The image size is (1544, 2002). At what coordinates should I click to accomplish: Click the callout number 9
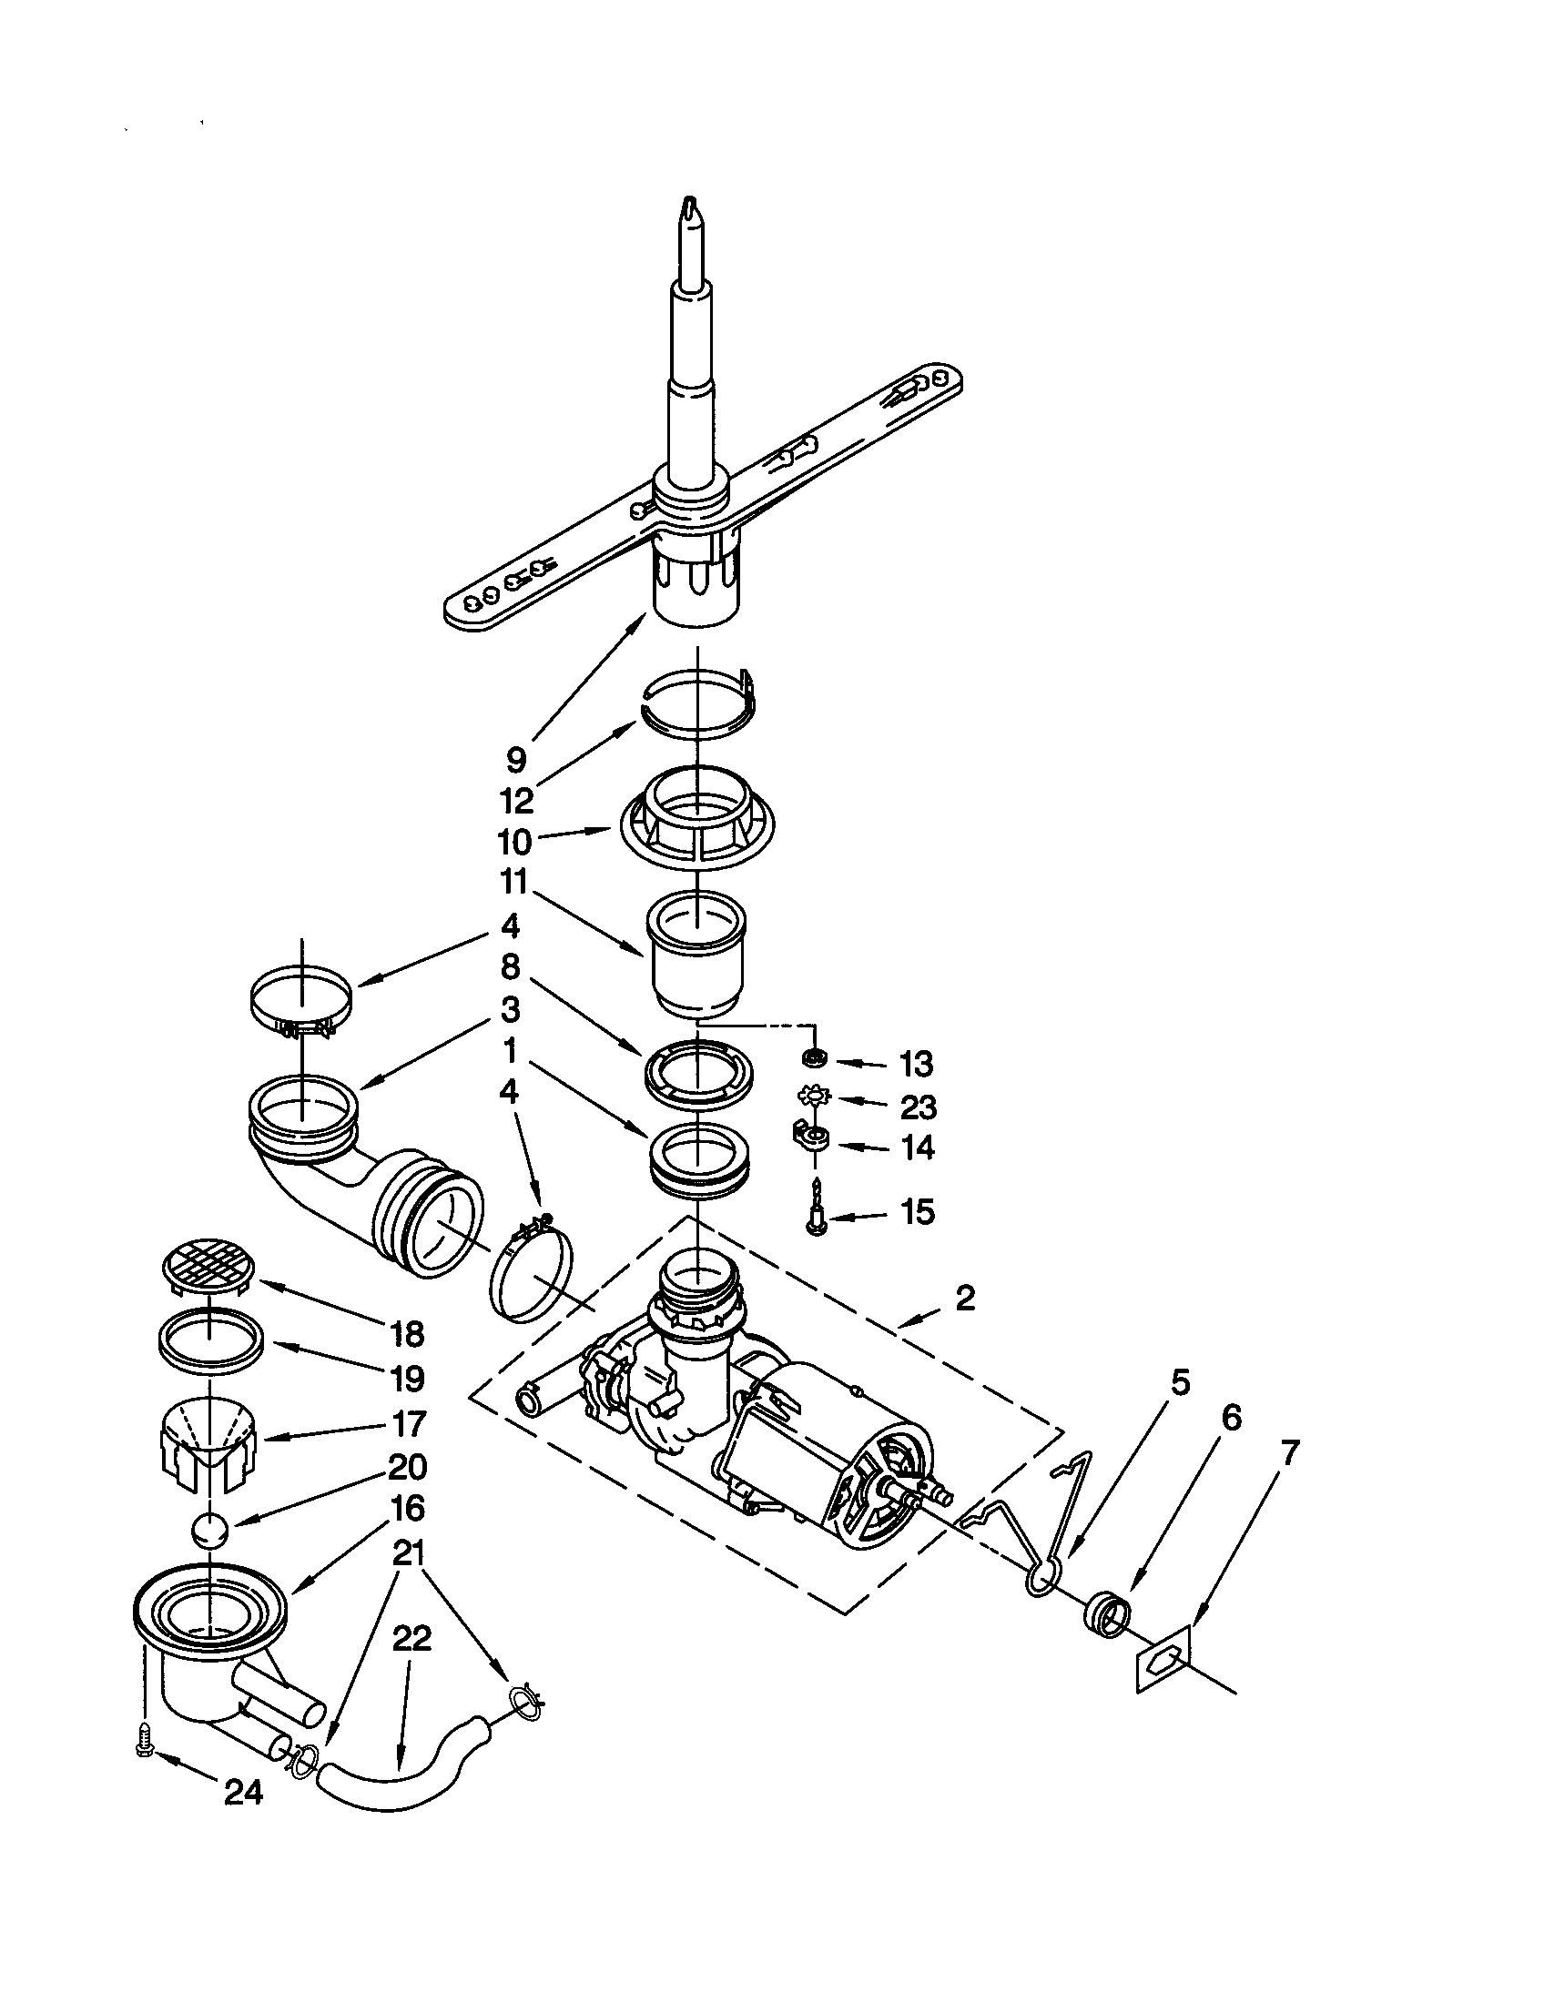pos(516,759)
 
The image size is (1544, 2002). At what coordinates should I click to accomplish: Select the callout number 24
pos(244,1792)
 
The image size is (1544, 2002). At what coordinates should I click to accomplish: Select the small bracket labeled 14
pos(810,1137)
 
